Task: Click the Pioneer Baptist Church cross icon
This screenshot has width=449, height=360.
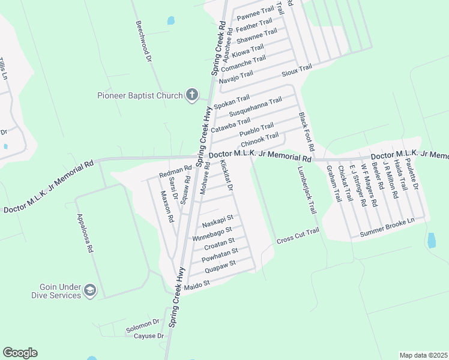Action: click(192, 95)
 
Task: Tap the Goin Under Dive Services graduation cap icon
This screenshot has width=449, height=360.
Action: click(89, 290)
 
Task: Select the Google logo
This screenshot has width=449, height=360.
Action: click(20, 353)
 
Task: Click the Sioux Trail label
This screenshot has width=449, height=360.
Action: click(297, 70)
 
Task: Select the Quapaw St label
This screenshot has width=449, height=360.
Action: click(220, 266)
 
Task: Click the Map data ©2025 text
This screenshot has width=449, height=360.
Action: click(423, 355)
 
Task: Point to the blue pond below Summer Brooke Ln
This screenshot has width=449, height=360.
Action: click(431, 241)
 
